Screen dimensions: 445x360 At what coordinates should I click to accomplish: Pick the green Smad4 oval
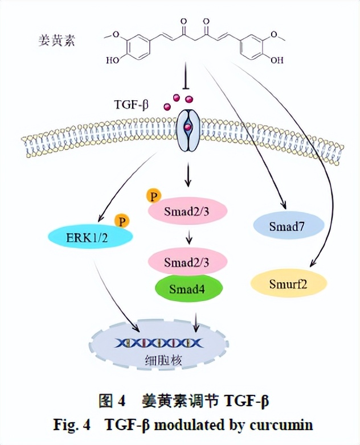click(187, 288)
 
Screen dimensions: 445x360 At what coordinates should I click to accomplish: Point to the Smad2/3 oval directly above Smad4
click(187, 262)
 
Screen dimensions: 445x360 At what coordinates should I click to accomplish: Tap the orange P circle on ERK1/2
click(121, 220)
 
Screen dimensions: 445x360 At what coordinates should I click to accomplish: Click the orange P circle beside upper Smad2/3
click(153, 196)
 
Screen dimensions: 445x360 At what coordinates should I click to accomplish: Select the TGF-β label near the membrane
click(129, 104)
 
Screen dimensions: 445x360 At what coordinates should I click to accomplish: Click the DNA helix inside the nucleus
click(159, 343)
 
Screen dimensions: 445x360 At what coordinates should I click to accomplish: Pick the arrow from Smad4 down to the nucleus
click(196, 321)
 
